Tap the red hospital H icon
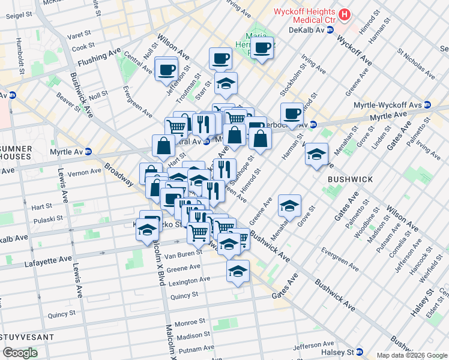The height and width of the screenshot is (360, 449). point(345,14)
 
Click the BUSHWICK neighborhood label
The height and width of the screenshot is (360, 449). point(350,179)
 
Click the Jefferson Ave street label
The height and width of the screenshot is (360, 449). point(312,347)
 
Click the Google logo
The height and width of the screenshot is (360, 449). point(20,352)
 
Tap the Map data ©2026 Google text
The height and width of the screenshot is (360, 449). point(411,355)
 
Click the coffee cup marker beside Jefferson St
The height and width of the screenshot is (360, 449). point(166,69)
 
